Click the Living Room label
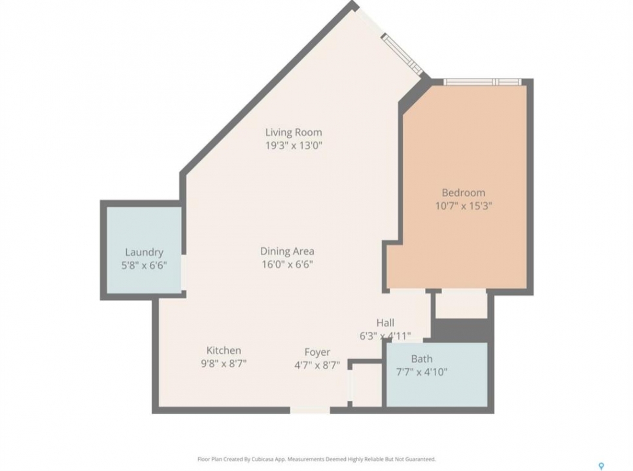[x=294, y=132]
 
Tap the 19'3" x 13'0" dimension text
[x=294, y=145]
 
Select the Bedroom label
[x=464, y=193]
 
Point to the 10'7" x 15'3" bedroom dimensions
[x=464, y=206]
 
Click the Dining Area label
[x=287, y=251]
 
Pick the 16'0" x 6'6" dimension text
[x=288, y=264]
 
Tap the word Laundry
[x=144, y=253]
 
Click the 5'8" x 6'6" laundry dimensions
[x=144, y=266]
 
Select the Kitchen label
[x=224, y=350]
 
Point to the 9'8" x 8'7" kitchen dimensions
[x=224, y=364]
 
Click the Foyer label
[x=317, y=352]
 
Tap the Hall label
[x=385, y=323]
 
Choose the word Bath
[x=422, y=358]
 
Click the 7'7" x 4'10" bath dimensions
[x=422, y=372]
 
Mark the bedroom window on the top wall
[x=483, y=82]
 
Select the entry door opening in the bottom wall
[x=310, y=410]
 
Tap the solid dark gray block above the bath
[x=462, y=330]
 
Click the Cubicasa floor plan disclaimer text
[x=316, y=459]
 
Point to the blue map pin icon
[x=602, y=466]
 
